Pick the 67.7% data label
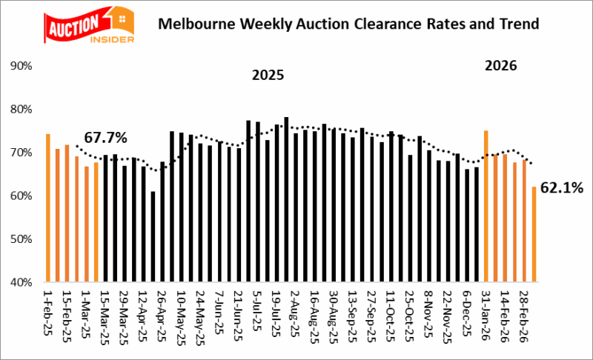[105, 138]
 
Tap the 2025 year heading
[268, 75]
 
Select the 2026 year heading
[500, 66]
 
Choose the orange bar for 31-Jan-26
[486, 207]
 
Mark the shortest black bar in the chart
[153, 237]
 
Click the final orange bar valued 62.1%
[534, 234]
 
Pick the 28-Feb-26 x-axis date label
[526, 313]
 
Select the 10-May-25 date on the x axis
[181, 312]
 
